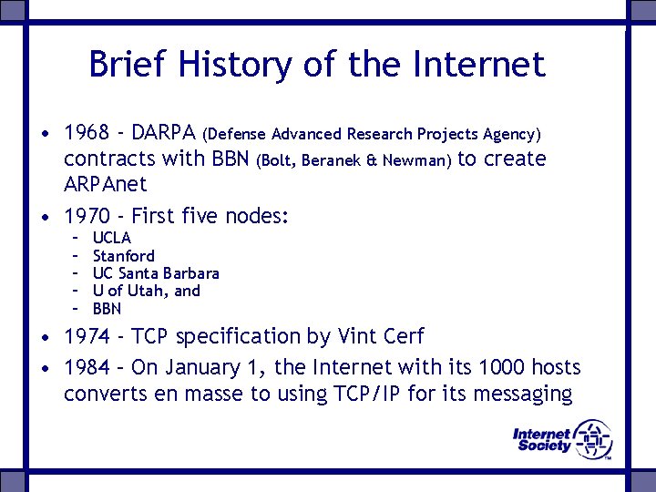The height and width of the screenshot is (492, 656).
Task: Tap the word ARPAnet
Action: (x=105, y=184)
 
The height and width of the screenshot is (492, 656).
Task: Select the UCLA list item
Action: (x=112, y=239)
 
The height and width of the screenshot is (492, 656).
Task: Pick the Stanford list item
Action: (x=124, y=256)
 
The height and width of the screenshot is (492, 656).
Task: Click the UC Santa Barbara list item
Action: (x=156, y=273)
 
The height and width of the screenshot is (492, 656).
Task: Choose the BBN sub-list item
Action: (x=108, y=309)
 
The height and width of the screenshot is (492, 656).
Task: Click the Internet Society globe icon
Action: (x=593, y=439)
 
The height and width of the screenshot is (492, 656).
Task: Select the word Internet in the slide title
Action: (x=478, y=65)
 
